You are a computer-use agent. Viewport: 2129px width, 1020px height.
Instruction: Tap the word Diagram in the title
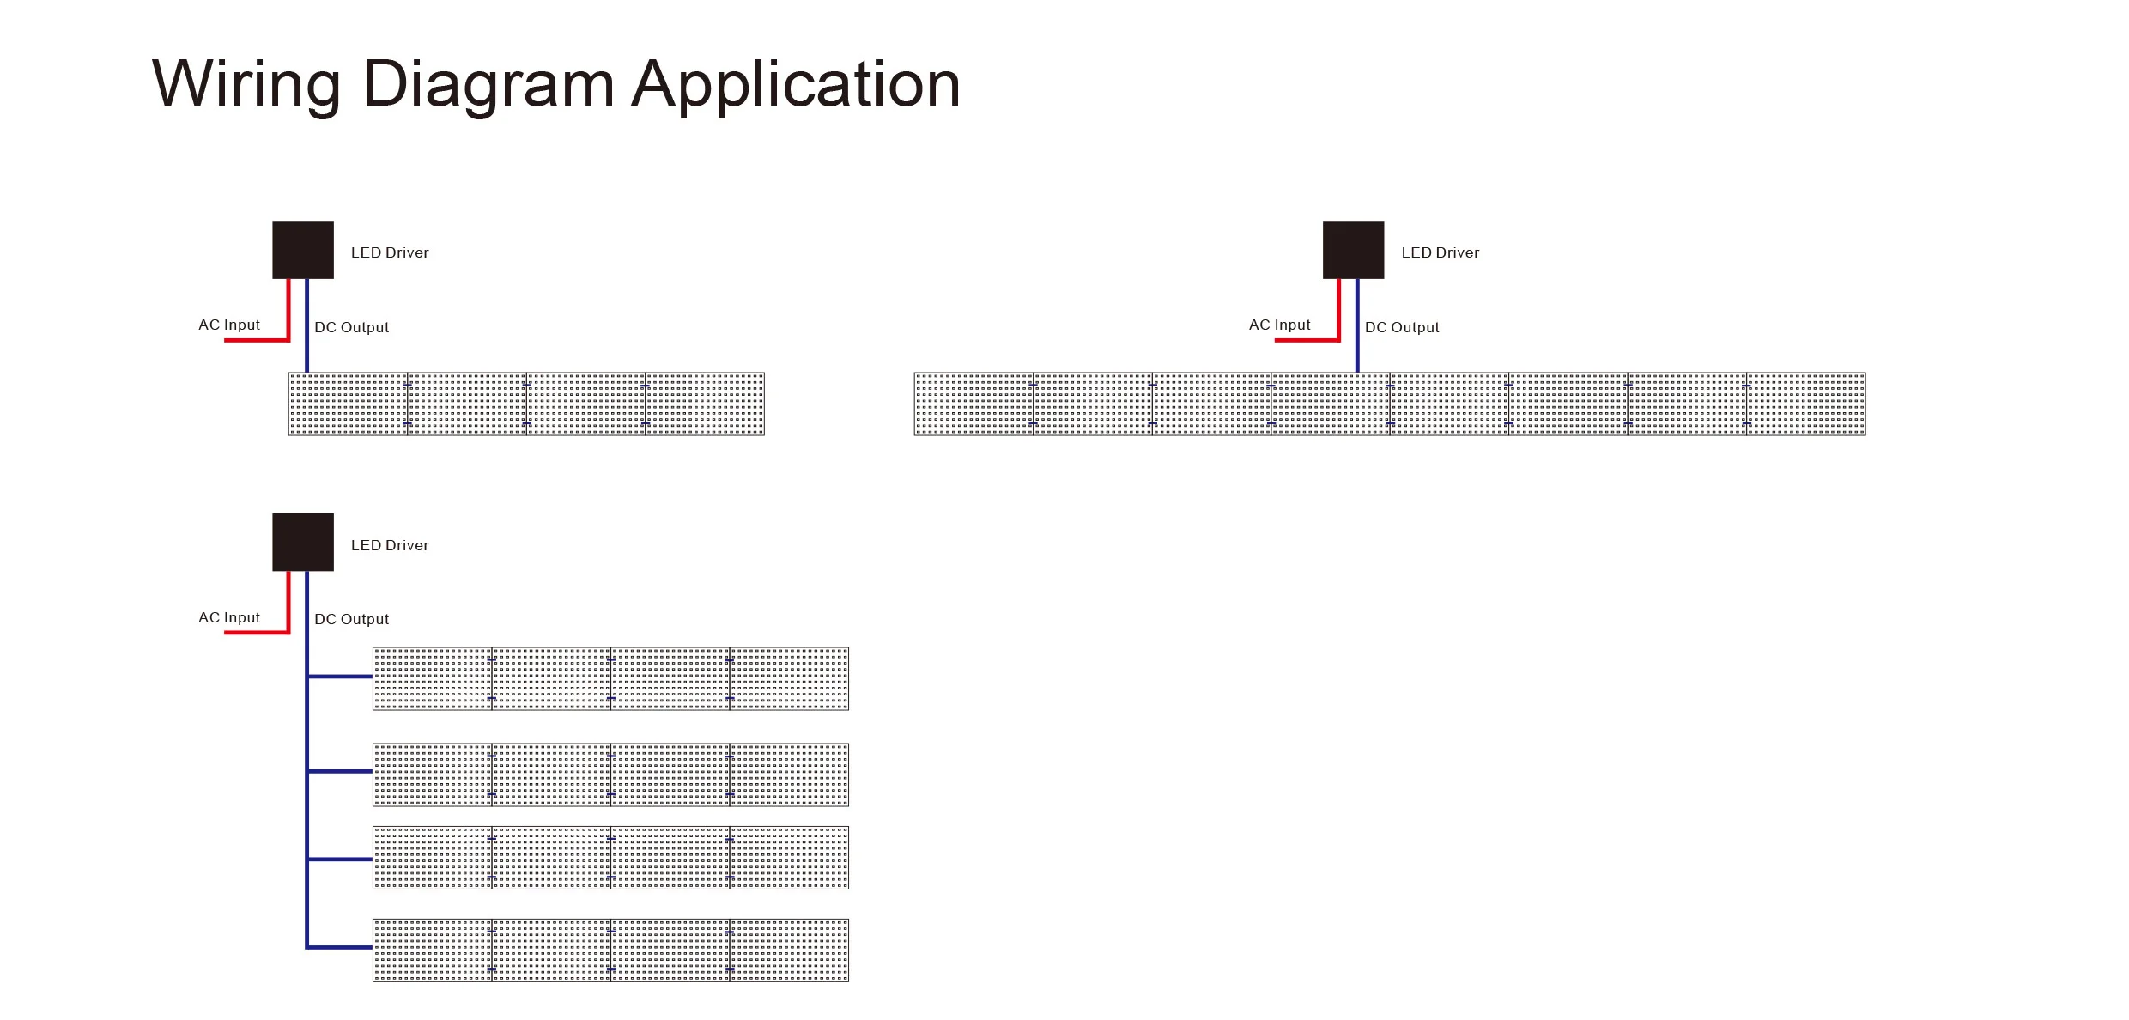pyautogui.click(x=488, y=84)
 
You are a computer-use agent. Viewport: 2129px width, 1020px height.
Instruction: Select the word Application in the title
pyautogui.click(x=796, y=84)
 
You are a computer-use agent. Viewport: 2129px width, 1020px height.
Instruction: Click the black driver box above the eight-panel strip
pyautogui.click(x=1353, y=250)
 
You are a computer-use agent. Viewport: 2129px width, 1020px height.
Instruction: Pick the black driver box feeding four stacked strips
pyautogui.click(x=303, y=542)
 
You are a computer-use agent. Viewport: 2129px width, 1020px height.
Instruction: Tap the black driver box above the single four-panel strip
pyautogui.click(x=303, y=250)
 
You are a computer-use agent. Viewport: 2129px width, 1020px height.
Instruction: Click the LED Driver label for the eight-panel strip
pyautogui.click(x=1440, y=252)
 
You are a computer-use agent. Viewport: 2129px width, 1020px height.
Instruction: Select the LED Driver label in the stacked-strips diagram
pyautogui.click(x=390, y=545)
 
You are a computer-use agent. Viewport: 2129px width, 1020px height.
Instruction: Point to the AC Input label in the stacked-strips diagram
pyautogui.click(x=229, y=617)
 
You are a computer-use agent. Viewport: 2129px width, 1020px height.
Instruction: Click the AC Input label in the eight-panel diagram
pyautogui.click(x=1279, y=325)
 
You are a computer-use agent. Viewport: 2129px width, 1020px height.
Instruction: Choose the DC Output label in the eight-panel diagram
pyautogui.click(x=1402, y=327)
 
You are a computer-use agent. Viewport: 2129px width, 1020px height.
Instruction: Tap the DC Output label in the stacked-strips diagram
pyautogui.click(x=351, y=619)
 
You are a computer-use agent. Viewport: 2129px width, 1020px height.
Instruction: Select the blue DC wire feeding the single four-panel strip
pyautogui.click(x=306, y=335)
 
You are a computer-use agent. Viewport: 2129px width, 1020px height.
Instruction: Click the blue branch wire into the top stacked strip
pyautogui.click(x=340, y=677)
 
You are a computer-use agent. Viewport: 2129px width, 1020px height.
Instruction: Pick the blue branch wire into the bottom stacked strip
pyautogui.click(x=340, y=947)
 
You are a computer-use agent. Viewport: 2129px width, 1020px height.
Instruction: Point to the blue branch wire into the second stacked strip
pyautogui.click(x=340, y=771)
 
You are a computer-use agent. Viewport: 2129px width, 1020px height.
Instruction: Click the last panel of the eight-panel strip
pyautogui.click(x=1805, y=404)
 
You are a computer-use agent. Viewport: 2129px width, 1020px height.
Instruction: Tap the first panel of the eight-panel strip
pyautogui.click(x=974, y=404)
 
